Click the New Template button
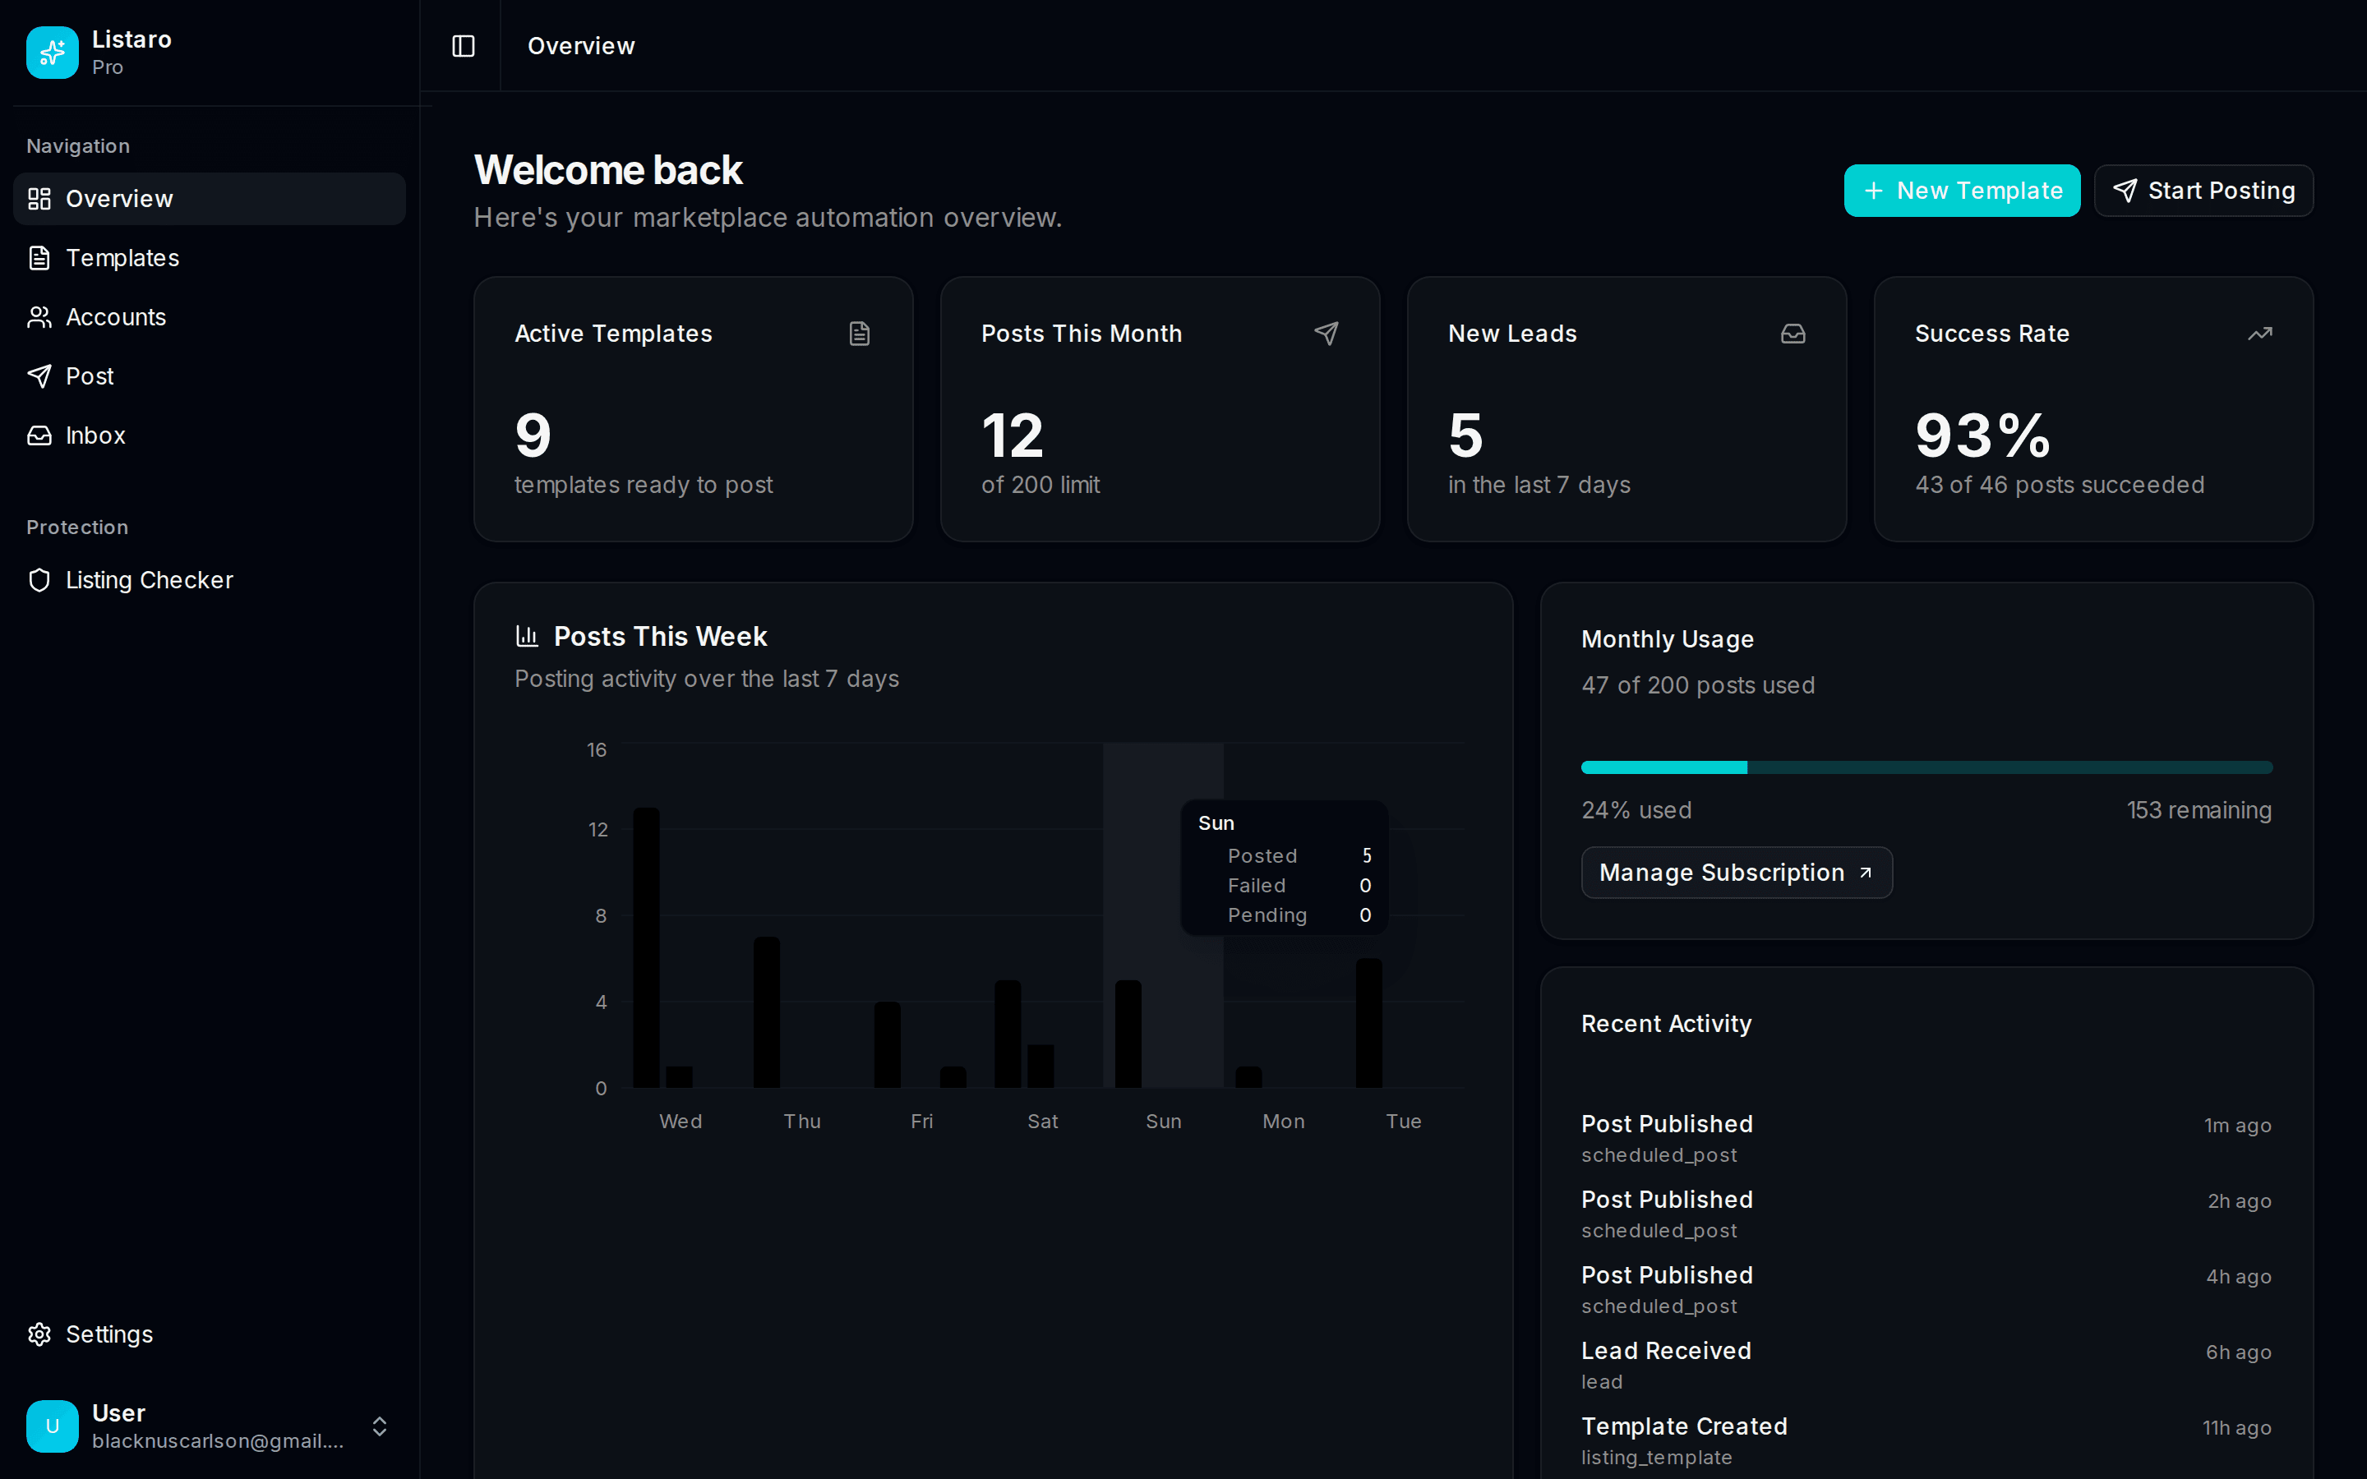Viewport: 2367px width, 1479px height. [x=1961, y=191]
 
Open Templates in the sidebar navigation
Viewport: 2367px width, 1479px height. [x=122, y=258]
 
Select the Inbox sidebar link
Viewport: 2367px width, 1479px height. [x=95, y=435]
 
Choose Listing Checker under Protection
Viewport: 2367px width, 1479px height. [x=149, y=580]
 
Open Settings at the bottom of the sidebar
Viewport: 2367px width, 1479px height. [x=108, y=1334]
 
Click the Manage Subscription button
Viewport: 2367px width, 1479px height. [x=1736, y=873]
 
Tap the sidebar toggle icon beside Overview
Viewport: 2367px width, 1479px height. [x=464, y=46]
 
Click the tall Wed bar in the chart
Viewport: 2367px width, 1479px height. [x=647, y=947]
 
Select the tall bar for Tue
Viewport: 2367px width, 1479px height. [x=1368, y=1022]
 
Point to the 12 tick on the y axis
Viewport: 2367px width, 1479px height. [x=598, y=830]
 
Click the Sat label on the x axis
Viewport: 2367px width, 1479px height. [x=1043, y=1121]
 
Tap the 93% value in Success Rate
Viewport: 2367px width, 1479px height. [x=1982, y=435]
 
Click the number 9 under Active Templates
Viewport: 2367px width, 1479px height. [x=533, y=435]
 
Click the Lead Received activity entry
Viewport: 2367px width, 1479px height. [x=1666, y=1351]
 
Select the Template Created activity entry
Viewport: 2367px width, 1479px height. [x=1683, y=1426]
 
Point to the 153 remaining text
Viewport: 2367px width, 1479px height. [x=2199, y=810]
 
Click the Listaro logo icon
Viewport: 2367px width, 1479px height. [x=53, y=53]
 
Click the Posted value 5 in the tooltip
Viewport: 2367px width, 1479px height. [x=1367, y=856]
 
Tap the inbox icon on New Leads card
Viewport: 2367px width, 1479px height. [x=1793, y=334]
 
